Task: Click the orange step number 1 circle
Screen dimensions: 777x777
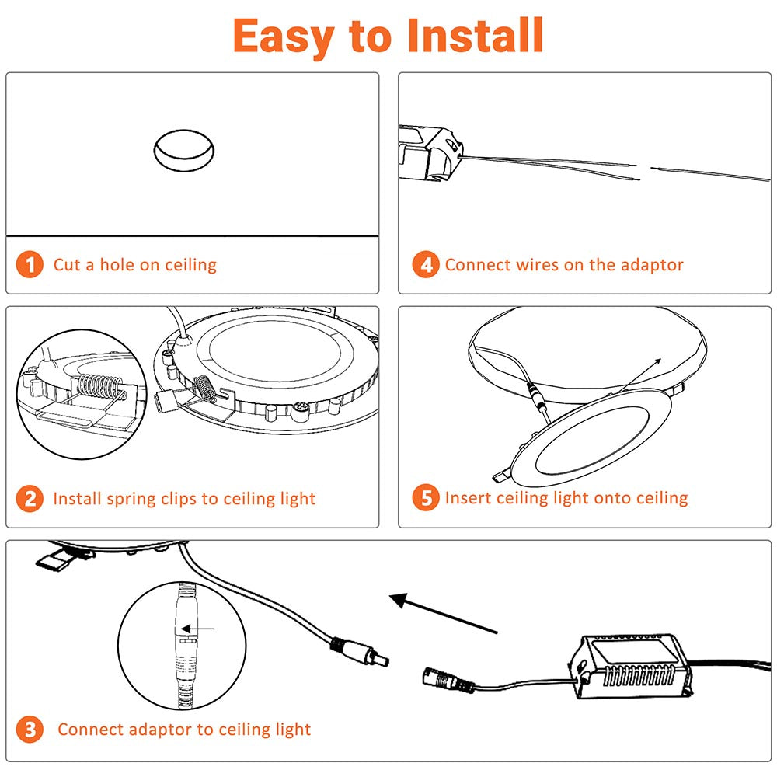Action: [x=30, y=264]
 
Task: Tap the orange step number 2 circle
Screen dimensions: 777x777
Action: [x=30, y=498]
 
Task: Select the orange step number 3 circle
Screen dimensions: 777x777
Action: [x=30, y=730]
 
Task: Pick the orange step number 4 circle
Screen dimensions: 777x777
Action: [x=426, y=264]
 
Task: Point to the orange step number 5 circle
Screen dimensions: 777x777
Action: [x=426, y=498]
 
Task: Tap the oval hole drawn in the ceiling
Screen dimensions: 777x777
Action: [x=183, y=149]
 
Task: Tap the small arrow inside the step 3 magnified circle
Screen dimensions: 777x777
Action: [x=200, y=629]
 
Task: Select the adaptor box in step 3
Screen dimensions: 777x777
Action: [x=632, y=667]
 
